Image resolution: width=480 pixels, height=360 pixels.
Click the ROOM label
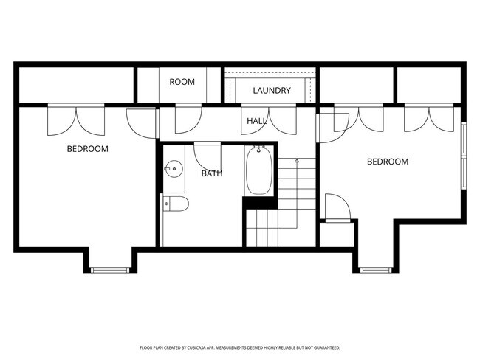pyautogui.click(x=182, y=82)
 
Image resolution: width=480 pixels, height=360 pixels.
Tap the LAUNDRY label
pyautogui.click(x=272, y=91)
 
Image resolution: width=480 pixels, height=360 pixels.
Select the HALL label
pyautogui.click(x=256, y=120)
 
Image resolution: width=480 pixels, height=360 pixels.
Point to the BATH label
pyautogui.click(x=212, y=174)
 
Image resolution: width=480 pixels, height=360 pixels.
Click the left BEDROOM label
pyautogui.click(x=87, y=149)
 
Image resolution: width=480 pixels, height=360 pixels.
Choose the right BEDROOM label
pyautogui.click(x=387, y=162)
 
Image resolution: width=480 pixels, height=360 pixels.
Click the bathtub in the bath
pyautogui.click(x=258, y=170)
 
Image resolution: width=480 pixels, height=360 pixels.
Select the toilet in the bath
pyautogui.click(x=176, y=204)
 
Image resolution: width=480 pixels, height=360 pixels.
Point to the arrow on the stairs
pyautogui.click(x=296, y=160)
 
